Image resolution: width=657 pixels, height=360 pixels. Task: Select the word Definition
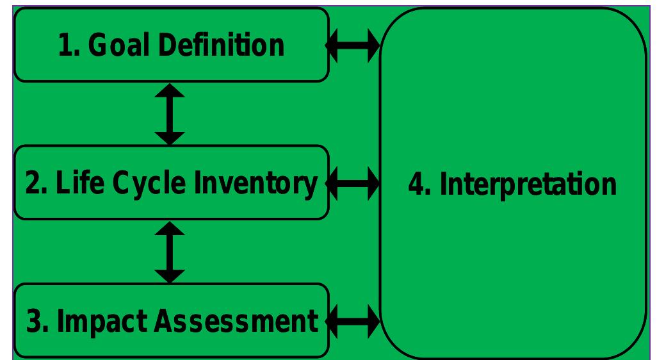point(220,45)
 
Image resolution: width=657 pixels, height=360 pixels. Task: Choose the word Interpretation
point(528,184)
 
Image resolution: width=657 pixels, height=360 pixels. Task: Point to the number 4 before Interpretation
point(416,184)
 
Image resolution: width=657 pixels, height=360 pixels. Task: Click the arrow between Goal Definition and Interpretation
point(353,46)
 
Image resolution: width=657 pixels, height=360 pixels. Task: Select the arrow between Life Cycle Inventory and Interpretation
point(353,184)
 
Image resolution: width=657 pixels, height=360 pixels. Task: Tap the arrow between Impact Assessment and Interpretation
point(353,320)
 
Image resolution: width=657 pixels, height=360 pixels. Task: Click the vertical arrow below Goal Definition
point(170,113)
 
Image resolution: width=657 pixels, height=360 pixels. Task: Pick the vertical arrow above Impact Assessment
point(170,252)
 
